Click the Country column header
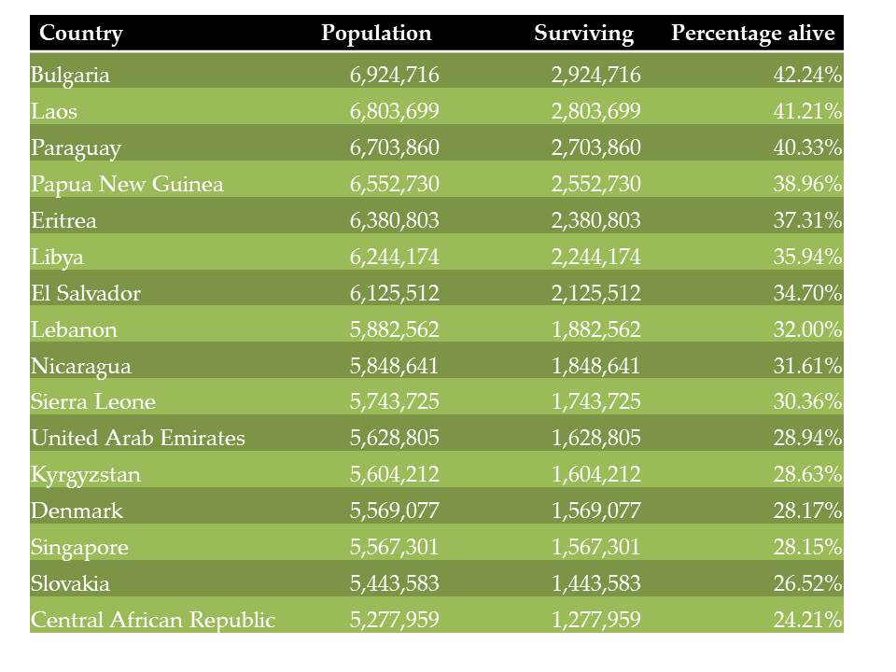pyautogui.click(x=80, y=34)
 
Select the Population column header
pyautogui.click(x=376, y=34)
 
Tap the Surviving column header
pyautogui.click(x=583, y=34)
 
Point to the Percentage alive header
pyautogui.click(x=752, y=34)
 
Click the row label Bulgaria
pyautogui.click(x=70, y=75)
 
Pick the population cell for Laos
pyautogui.click(x=394, y=111)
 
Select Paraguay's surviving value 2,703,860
pyautogui.click(x=596, y=147)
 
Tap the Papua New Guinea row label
pyautogui.click(x=127, y=185)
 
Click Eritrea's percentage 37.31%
pyautogui.click(x=807, y=220)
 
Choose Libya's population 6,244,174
pyautogui.click(x=394, y=257)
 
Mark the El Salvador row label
pyautogui.click(x=86, y=293)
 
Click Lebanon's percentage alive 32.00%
pyautogui.click(x=807, y=329)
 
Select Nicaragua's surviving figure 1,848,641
pyautogui.click(x=596, y=366)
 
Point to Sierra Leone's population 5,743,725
pyautogui.click(x=394, y=401)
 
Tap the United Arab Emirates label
pyautogui.click(x=138, y=438)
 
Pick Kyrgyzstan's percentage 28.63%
pyautogui.click(x=807, y=474)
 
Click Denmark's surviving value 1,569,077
pyautogui.click(x=596, y=511)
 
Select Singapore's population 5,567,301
pyautogui.click(x=394, y=548)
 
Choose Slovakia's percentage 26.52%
pyautogui.click(x=807, y=583)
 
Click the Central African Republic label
pyautogui.click(x=153, y=620)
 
